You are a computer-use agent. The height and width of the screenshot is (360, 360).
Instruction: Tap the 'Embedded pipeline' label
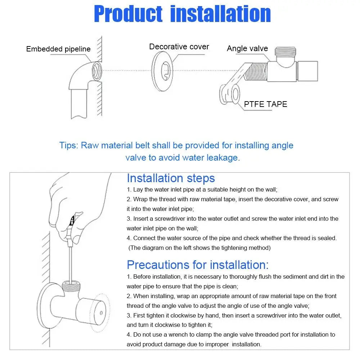(58, 49)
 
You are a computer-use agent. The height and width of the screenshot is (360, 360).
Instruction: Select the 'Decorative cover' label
(179, 47)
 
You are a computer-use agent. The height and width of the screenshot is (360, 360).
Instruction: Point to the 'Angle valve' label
(247, 49)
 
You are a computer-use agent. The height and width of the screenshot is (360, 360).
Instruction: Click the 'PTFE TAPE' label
(265, 104)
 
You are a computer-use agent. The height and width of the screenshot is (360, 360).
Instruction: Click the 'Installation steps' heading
(171, 178)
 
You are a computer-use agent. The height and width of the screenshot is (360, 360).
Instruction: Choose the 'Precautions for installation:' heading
(198, 265)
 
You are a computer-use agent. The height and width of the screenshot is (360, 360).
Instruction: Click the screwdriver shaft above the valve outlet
(71, 259)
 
